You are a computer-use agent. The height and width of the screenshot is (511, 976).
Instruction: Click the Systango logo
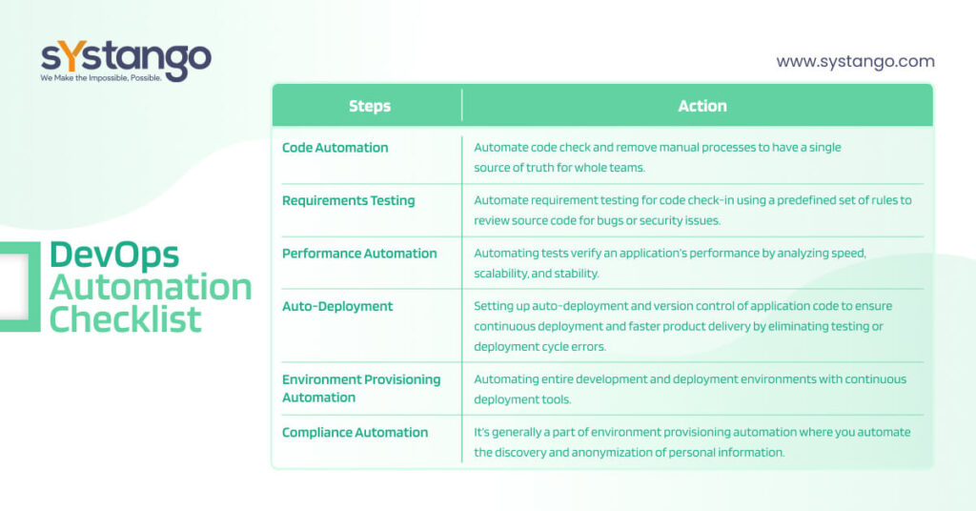click(126, 61)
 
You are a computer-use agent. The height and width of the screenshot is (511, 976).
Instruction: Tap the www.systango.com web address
click(855, 62)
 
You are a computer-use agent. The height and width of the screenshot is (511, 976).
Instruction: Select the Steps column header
click(370, 106)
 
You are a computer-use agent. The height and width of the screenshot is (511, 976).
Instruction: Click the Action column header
click(702, 106)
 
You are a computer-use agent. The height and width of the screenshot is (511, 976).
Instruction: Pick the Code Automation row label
click(335, 148)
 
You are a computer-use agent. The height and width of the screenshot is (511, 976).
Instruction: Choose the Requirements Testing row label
click(349, 200)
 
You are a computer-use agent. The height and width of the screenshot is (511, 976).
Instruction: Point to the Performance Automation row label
click(359, 254)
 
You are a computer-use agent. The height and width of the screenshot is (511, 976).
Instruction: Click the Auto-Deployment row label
click(337, 306)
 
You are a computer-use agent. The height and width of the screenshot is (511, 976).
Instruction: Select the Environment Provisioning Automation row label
click(361, 388)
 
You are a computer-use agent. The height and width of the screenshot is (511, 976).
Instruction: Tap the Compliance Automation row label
click(355, 433)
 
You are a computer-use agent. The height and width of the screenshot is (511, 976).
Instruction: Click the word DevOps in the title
click(114, 255)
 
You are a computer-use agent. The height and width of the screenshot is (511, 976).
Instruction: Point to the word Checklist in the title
click(125, 319)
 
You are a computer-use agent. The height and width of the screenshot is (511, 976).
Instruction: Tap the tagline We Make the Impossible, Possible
click(101, 78)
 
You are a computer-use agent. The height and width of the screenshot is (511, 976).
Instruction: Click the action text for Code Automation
click(658, 157)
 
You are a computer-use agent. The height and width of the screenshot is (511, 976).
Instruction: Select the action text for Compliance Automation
click(692, 442)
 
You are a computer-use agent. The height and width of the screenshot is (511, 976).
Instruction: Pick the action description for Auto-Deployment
click(682, 326)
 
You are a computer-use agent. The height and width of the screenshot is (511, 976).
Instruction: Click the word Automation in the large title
click(151, 287)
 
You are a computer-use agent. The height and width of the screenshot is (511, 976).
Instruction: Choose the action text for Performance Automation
click(670, 263)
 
